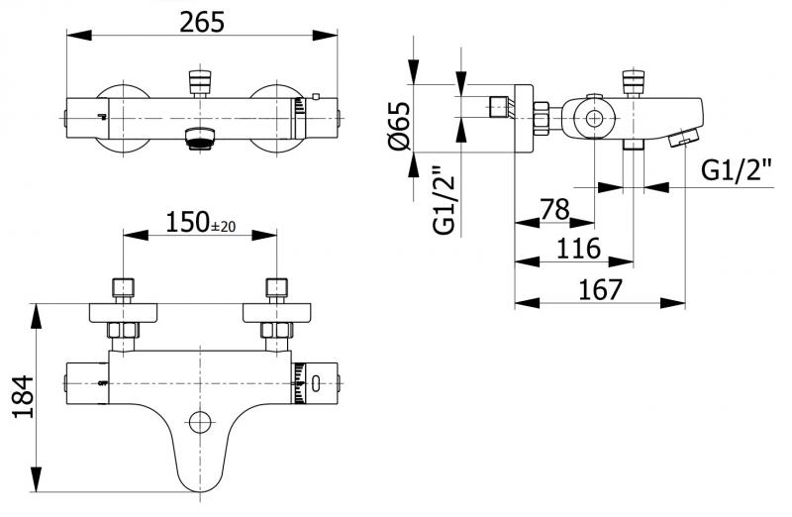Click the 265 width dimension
(202, 21)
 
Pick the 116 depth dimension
(579, 248)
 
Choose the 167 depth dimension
(601, 289)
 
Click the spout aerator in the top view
(201, 139)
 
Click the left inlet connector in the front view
(123, 290)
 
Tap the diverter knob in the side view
(633, 81)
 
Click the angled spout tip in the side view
(683, 140)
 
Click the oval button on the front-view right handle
(315, 379)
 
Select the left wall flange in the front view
(123, 313)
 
